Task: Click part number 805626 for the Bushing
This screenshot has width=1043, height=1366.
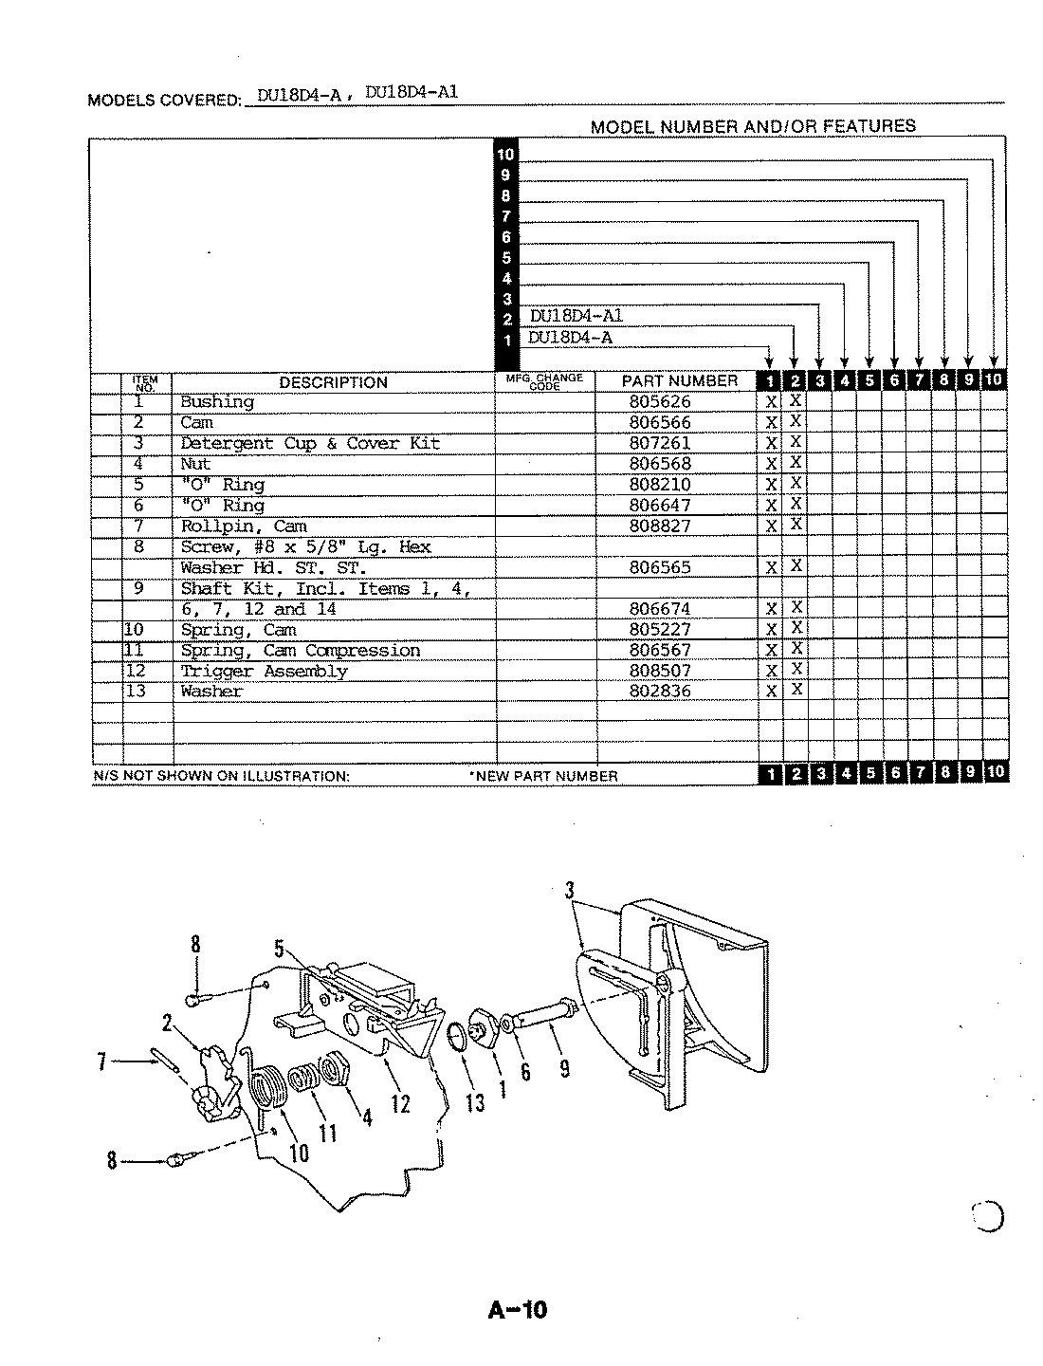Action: tap(660, 402)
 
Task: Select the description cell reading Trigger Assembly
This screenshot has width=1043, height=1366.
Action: tap(264, 672)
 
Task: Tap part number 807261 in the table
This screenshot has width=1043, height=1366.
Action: tap(660, 443)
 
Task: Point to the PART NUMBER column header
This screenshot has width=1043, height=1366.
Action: tap(679, 381)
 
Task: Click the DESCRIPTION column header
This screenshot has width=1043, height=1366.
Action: tap(333, 383)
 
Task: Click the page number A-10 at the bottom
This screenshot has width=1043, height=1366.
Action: tap(518, 1310)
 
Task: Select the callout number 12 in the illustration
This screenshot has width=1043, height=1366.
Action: tap(400, 1102)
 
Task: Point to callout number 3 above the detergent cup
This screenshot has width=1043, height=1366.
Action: tap(570, 890)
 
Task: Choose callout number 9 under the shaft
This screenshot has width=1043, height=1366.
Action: tap(564, 1068)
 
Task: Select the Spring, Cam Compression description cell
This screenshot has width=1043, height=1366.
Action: tap(300, 651)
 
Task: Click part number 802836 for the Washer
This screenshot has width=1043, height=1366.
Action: tap(660, 692)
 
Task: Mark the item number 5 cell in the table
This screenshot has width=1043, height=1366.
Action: tap(138, 485)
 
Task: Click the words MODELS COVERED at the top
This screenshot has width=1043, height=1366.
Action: tap(163, 100)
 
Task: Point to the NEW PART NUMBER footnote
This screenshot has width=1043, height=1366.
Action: tap(544, 776)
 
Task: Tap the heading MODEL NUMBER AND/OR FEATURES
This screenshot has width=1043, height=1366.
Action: tap(753, 126)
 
